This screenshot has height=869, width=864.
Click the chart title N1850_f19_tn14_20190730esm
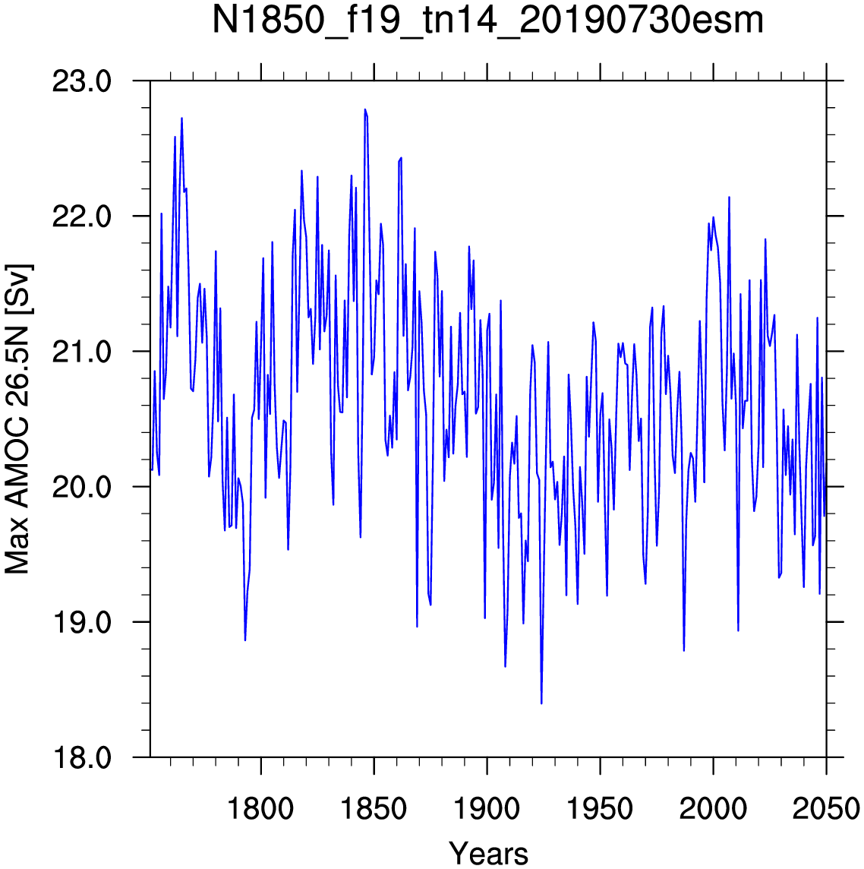point(488,21)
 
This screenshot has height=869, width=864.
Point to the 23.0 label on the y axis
point(82,82)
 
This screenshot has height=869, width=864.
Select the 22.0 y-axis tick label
point(82,216)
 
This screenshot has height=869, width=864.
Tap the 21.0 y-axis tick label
point(82,352)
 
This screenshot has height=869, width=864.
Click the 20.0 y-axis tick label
point(82,487)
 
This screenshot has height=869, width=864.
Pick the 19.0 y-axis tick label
point(82,622)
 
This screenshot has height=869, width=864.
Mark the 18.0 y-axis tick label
point(82,757)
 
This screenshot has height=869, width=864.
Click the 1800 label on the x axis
point(261,808)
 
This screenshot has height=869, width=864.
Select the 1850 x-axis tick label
point(374,808)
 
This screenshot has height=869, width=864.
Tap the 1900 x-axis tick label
point(487,808)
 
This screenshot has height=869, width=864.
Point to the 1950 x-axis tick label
point(600,808)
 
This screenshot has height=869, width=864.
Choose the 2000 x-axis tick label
point(713,808)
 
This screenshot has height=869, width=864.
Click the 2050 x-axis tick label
point(826,808)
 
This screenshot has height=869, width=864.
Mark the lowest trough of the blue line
point(541,703)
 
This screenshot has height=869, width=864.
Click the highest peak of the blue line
point(365,109)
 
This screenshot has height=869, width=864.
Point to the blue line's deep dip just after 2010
point(738,630)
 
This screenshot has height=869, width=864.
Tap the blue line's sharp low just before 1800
point(244,640)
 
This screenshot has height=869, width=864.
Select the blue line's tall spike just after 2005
point(729,197)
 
